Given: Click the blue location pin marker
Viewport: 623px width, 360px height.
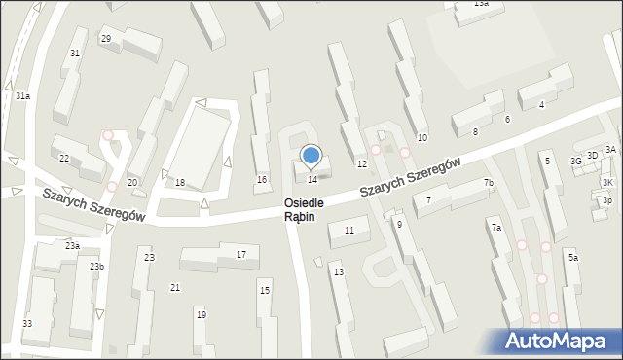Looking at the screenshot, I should pos(311,156).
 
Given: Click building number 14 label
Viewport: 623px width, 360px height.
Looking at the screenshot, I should pos(312,179).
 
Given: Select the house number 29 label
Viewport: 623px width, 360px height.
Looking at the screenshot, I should pos(106,39).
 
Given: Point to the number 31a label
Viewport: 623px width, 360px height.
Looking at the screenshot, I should pos(22,95).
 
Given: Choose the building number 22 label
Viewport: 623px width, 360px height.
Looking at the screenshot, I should pos(64,158).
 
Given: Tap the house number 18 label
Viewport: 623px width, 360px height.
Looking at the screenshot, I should pos(179,183).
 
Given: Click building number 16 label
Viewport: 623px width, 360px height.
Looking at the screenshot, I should pos(261,180).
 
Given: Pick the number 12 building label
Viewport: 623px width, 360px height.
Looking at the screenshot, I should pos(361,164).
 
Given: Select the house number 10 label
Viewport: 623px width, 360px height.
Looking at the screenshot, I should pos(421,138).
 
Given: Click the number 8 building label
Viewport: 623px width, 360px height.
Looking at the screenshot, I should pos(475,131).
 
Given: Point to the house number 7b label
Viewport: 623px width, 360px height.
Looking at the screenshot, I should pos(489,183).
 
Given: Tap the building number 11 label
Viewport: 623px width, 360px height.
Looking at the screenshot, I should pos(349,230).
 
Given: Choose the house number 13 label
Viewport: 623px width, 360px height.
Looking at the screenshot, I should pos(339,271).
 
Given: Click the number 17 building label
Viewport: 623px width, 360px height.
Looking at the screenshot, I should pos(241,254).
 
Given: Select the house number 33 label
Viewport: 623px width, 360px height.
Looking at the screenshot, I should pos(27,323).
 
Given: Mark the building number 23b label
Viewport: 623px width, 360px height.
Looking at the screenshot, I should pos(96,266).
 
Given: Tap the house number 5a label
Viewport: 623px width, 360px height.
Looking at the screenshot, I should pos(573,258).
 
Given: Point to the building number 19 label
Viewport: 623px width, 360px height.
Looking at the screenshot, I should pos(201,314).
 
